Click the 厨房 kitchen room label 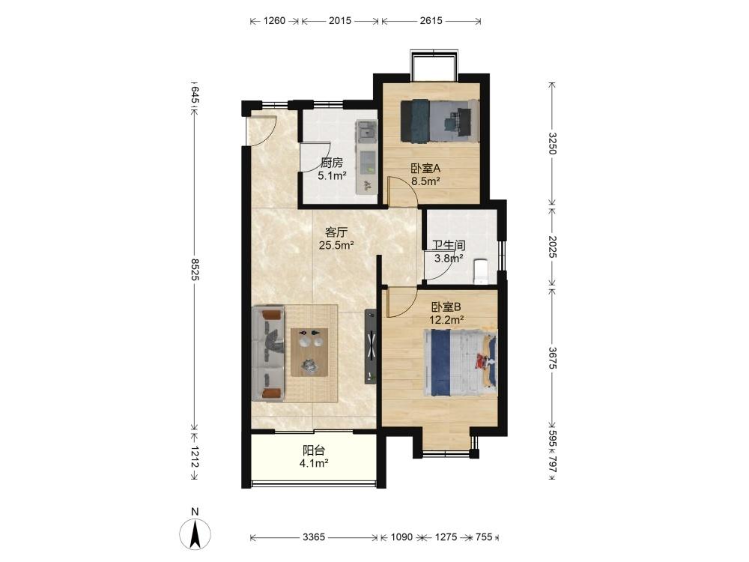(x=332, y=163)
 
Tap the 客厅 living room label (x=336, y=232)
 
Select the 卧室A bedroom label (x=425, y=168)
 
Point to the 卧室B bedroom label (x=446, y=306)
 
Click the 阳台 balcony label (x=314, y=450)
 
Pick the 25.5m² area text (x=336, y=246)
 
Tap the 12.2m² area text (x=446, y=320)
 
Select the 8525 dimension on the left (x=195, y=269)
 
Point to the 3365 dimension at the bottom (x=314, y=537)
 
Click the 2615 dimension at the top (x=431, y=20)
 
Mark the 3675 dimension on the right (x=552, y=357)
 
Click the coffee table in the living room (x=309, y=353)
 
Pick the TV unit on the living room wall (x=371, y=346)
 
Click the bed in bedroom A (x=439, y=121)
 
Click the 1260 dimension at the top (x=274, y=20)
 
